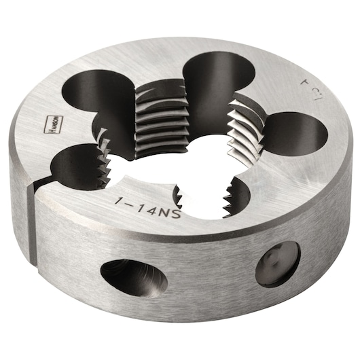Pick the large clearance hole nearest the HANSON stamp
click(95, 102)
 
